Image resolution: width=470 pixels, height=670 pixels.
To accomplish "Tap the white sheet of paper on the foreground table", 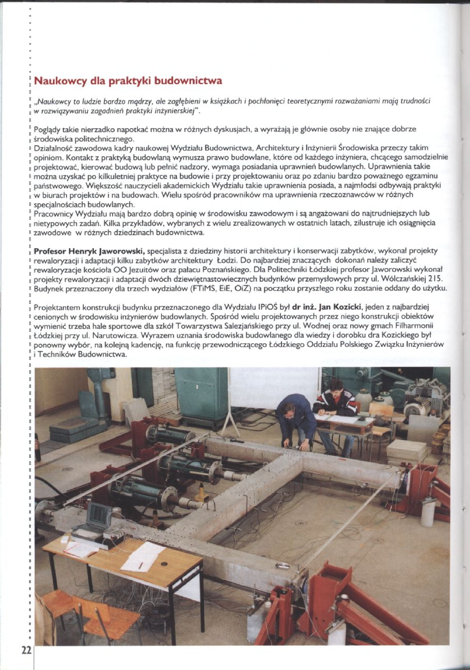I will [x=142, y=557].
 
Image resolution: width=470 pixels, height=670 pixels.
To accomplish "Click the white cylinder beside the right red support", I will [x=428, y=512].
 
